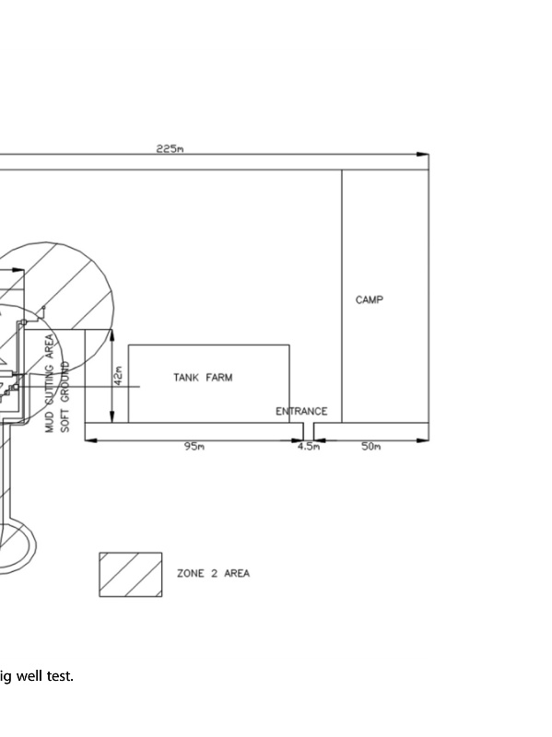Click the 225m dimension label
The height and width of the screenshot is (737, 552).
tap(170, 149)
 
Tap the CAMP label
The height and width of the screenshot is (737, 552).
tap(370, 300)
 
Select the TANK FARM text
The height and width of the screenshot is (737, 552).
tap(203, 378)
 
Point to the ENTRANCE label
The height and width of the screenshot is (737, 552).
tap(301, 411)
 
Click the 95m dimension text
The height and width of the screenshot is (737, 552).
tap(194, 446)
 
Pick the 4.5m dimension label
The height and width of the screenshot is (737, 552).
tap(309, 446)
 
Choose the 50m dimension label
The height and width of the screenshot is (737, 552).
tap(371, 446)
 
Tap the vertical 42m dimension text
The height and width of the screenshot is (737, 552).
tap(119, 376)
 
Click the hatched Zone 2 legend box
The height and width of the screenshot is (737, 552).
tap(131, 574)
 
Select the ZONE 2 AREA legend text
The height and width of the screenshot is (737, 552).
tap(213, 573)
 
